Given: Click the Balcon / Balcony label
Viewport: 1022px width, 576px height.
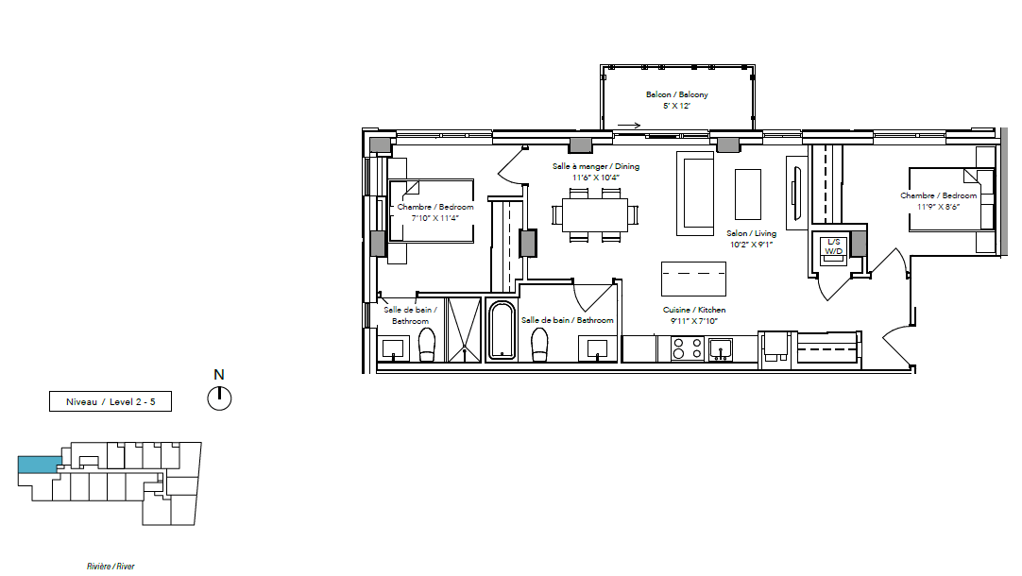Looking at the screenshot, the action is tap(676, 94).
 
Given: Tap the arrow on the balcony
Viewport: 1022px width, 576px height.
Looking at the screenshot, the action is tap(629, 126).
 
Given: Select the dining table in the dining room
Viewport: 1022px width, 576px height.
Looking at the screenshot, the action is tap(595, 215).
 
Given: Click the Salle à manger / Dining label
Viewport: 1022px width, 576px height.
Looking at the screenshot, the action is tap(596, 166).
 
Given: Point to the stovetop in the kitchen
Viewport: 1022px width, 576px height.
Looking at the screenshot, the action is tap(688, 347).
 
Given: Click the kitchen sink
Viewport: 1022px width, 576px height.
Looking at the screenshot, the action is tap(721, 349).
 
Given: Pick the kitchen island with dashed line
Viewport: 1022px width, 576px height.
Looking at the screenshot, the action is tap(693, 279).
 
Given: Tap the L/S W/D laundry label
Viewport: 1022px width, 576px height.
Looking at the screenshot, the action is tap(834, 246).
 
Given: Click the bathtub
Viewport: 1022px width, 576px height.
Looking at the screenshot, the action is tap(502, 330).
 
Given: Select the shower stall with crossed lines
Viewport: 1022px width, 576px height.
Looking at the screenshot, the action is tap(464, 330).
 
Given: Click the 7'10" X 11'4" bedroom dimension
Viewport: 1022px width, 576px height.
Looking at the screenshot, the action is tap(434, 218).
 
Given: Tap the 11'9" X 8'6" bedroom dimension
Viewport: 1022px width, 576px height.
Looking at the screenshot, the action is tap(939, 207).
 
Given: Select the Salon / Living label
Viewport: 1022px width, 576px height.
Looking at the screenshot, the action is tap(752, 233).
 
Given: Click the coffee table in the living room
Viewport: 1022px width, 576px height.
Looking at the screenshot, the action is tap(748, 195).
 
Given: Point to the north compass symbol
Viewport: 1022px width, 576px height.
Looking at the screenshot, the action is tap(220, 398).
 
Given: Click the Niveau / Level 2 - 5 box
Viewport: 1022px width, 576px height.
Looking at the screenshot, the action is tap(111, 401).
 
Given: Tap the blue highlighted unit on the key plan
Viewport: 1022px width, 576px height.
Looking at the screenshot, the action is tap(40, 465).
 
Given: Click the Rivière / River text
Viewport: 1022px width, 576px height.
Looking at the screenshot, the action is tap(111, 567).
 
